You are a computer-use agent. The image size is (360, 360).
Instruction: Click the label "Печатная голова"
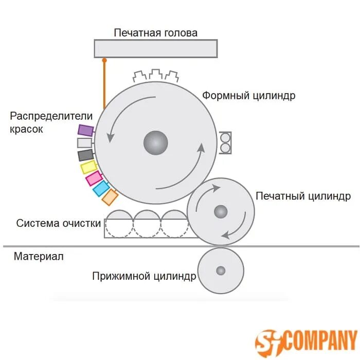[155, 33]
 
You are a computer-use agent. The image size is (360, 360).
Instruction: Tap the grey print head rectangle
[155, 48]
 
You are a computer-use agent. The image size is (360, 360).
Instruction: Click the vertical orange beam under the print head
[104, 85]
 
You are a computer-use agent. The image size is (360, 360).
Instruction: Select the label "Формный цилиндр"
[248, 96]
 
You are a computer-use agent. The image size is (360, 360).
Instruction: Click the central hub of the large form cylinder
[155, 142]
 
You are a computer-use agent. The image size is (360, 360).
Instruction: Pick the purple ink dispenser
[85, 130]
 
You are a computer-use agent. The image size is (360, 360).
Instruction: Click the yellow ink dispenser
[89, 167]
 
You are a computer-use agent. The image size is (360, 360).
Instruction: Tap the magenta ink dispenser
[94, 178]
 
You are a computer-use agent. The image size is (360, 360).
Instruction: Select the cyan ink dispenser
[101, 188]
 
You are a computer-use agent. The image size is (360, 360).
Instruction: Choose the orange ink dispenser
[110, 196]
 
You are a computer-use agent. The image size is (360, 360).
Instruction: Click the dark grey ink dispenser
[85, 155]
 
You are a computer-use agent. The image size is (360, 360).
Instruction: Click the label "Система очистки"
[58, 223]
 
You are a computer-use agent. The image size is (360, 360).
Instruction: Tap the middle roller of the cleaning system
[147, 224]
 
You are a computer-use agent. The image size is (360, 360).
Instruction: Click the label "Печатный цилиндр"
[303, 196]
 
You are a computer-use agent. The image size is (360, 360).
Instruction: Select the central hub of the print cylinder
[221, 211]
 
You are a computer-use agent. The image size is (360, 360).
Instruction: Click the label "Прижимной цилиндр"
[144, 277]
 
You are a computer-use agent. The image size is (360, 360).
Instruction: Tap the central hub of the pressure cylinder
[221, 271]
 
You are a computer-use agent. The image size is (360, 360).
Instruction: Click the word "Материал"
[39, 256]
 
